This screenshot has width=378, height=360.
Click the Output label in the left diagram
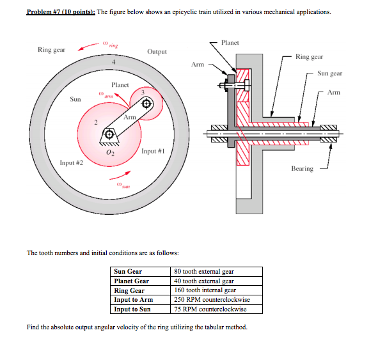[x=157, y=51]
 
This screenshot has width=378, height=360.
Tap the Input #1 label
[x=154, y=152]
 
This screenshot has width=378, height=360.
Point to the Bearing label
[x=302, y=169]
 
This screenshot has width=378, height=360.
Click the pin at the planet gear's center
[x=146, y=106]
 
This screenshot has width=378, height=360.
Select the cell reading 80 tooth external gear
[x=204, y=272]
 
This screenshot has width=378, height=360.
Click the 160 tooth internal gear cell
[x=205, y=290]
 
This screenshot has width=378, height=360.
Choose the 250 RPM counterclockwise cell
[x=212, y=300]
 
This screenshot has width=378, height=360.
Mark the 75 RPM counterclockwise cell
[x=210, y=309]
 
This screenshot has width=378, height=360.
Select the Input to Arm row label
[x=133, y=300]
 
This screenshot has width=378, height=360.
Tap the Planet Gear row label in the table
[x=131, y=281]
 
